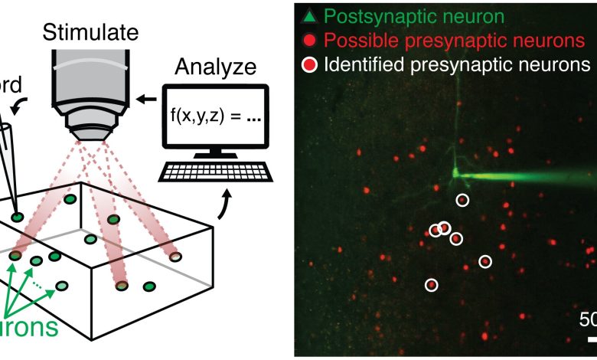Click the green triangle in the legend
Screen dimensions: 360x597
pos(308,15)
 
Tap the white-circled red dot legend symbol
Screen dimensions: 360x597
pos(309,64)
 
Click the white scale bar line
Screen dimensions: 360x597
pos(592,338)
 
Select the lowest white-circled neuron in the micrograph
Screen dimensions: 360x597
pos(431,285)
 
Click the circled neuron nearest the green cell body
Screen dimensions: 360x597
pos(462,200)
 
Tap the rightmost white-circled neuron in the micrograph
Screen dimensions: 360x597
pos(484,262)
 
